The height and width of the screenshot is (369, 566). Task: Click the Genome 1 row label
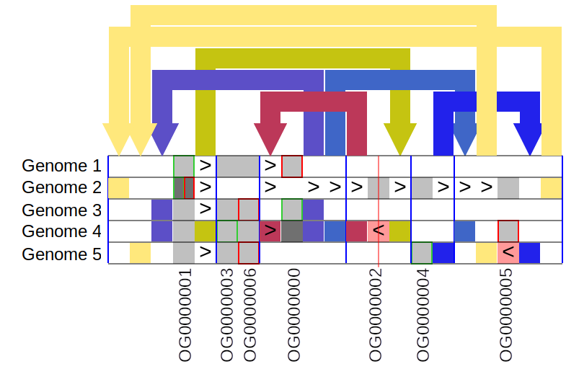pos(61,166)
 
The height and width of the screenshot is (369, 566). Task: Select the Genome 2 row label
pos(61,187)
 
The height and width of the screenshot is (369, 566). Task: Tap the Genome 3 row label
pos(61,210)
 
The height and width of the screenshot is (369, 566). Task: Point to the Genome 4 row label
pos(61,231)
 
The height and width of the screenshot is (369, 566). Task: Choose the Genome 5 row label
pos(61,254)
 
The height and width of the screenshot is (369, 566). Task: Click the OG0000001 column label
pos(185,315)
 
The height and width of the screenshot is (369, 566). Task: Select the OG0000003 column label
pos(227,315)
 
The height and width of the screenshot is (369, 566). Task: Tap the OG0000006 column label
pos(249,315)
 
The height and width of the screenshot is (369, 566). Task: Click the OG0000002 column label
pos(376,315)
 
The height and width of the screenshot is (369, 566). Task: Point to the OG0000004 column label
pos(423,315)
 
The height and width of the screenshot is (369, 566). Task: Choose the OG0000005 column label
pos(506,315)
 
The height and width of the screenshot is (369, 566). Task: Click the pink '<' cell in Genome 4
pos(378,231)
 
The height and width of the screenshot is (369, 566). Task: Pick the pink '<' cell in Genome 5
pos(508,253)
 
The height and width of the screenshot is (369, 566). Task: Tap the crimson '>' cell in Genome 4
pos(270,231)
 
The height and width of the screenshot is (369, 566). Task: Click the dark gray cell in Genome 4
pos(291,231)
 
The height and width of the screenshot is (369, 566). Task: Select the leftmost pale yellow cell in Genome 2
pos(118,188)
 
